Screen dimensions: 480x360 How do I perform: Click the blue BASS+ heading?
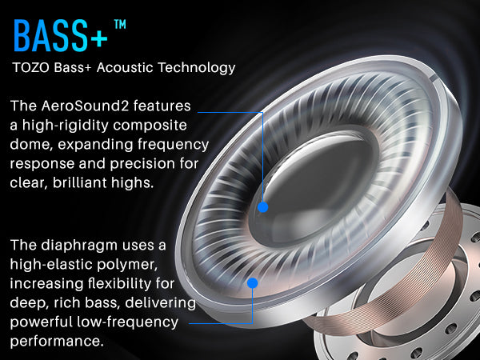click(61, 35)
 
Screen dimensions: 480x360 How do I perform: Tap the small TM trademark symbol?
click(120, 25)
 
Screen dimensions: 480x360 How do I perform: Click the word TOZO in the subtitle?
click(30, 68)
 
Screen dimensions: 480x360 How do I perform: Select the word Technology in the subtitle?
click(196, 68)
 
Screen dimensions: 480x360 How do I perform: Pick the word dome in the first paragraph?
click(31, 145)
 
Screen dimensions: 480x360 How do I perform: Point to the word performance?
click(57, 342)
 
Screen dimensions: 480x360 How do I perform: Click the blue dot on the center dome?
click(263, 207)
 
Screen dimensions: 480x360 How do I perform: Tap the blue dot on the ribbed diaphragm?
click(253, 283)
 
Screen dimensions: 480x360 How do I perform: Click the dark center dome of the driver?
click(315, 190)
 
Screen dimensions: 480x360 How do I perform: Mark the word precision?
click(143, 164)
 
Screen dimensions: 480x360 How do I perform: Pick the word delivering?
click(160, 303)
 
